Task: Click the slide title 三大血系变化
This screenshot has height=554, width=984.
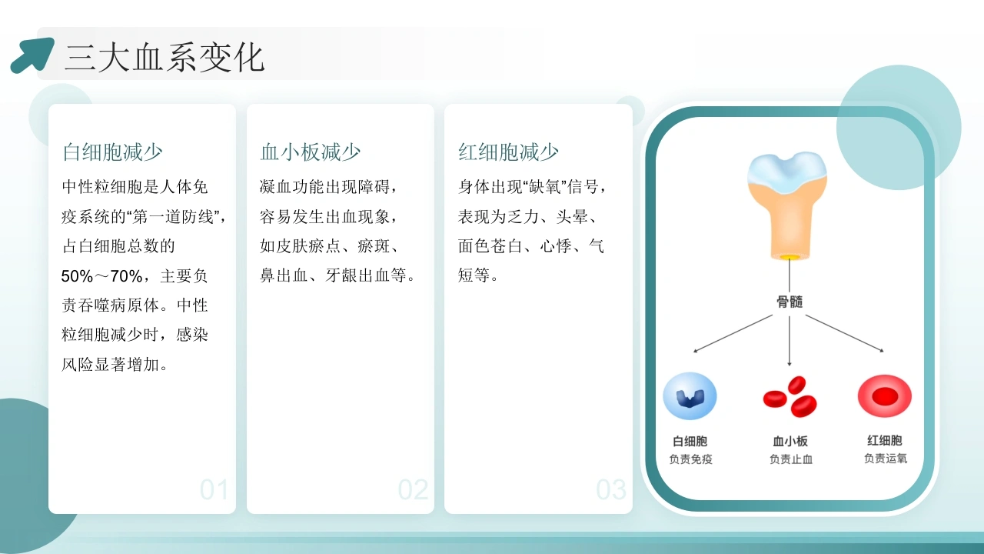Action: [165, 58]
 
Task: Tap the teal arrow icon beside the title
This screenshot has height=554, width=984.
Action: [32, 55]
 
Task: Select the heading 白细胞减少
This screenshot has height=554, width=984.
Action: [112, 152]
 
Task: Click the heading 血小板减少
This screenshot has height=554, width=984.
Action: [310, 152]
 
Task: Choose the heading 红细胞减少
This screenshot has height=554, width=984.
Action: [508, 152]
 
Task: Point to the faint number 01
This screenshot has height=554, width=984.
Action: [214, 489]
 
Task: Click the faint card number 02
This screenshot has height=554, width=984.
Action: [413, 489]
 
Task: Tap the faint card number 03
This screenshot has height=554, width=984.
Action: [611, 489]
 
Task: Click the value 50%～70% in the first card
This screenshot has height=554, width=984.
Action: [101, 276]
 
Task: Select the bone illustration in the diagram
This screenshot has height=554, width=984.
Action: [787, 205]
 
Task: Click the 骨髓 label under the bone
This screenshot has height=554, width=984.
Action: [790, 302]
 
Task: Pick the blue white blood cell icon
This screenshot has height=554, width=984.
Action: [690, 396]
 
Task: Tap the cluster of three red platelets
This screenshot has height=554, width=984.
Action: [790, 396]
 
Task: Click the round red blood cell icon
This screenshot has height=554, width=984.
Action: [885, 395]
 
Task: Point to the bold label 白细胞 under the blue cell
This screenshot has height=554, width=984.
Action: [690, 441]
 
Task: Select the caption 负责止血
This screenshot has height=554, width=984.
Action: [791, 459]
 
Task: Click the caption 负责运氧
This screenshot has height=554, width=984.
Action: [885, 459]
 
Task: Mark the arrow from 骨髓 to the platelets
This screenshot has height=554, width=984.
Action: [790, 341]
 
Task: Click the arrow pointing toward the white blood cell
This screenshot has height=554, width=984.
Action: [733, 333]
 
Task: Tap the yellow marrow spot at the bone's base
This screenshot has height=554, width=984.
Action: [789, 257]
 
